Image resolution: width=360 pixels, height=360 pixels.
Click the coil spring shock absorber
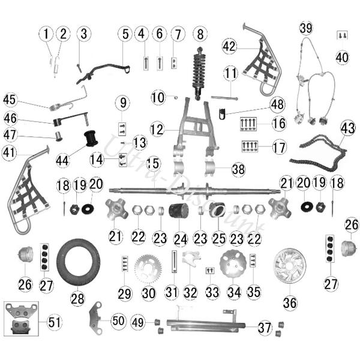[199, 73]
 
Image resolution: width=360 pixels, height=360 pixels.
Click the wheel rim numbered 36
[290, 266]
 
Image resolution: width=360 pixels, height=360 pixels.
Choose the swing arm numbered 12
[195, 125]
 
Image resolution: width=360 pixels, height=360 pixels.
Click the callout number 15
[154, 163]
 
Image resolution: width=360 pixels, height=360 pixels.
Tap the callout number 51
[54, 322]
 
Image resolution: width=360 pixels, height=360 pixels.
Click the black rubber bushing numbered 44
[90, 138]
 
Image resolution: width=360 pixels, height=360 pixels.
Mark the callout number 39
[306, 28]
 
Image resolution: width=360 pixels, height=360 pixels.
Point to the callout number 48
[278, 104]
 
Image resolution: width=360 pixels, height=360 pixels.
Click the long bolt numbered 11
[224, 98]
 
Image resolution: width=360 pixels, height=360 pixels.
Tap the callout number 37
[265, 328]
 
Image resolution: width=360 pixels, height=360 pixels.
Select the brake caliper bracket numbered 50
[95, 318]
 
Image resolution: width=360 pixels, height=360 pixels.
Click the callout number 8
[200, 34]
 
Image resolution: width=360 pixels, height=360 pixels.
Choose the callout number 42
[229, 46]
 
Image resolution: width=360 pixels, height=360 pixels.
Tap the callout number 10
[158, 97]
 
